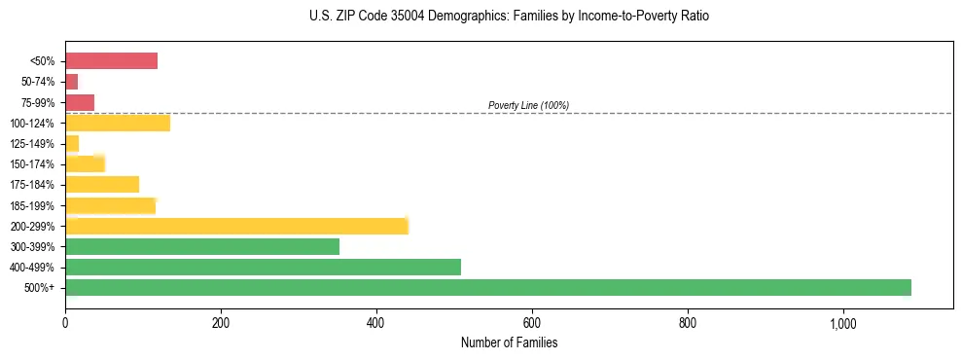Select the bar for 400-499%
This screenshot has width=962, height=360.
pos(263,267)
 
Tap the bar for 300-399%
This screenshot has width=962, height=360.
pos(202,246)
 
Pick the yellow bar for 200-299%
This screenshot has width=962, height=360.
pos(236,226)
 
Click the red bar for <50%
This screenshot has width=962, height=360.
pos(111,61)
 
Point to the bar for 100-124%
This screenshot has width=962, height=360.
pos(118,123)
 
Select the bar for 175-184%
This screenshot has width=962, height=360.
pos(102,184)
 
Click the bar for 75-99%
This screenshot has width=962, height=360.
pos(80,102)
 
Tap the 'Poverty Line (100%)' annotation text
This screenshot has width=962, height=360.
pos(528,105)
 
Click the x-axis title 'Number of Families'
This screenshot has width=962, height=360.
pos(509,342)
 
